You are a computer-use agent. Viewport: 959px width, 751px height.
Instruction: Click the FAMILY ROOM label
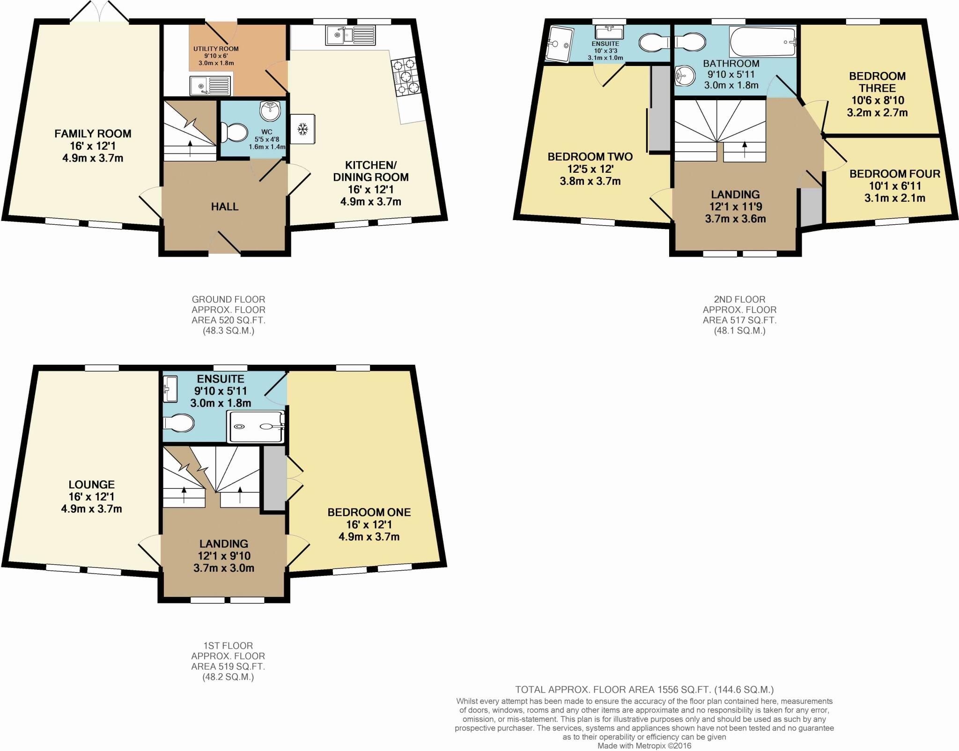(x=93, y=134)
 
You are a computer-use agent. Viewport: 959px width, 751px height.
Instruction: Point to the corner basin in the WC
(x=271, y=111)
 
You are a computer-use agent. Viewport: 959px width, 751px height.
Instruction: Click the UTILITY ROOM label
(x=216, y=49)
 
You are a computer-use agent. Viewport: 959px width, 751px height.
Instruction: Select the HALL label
(x=225, y=206)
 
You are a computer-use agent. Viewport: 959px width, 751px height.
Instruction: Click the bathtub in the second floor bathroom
(x=762, y=42)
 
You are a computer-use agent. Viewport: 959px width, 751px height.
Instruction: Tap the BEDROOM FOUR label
(x=895, y=174)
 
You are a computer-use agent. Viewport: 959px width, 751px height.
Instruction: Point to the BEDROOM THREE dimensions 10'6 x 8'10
(x=878, y=100)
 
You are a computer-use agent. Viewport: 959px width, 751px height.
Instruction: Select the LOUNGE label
(x=92, y=485)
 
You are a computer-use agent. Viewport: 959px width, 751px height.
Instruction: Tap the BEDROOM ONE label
(x=369, y=512)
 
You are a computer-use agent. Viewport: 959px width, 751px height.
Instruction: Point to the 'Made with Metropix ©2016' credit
(x=644, y=746)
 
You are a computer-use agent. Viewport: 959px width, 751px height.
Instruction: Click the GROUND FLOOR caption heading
(x=229, y=299)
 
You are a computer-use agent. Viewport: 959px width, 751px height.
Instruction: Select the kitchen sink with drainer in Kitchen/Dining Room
(x=351, y=35)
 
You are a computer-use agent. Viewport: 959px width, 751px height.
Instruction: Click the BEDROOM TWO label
(x=590, y=157)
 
